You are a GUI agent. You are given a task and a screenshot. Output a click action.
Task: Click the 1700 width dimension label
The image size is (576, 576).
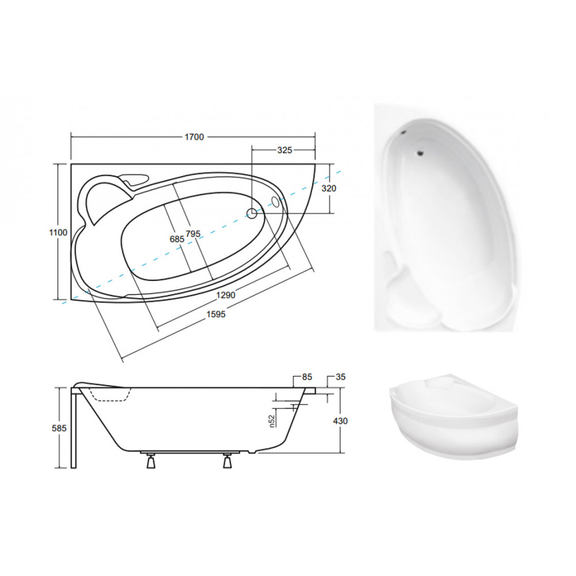194,137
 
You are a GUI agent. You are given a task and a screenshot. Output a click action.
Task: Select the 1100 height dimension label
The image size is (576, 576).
58,233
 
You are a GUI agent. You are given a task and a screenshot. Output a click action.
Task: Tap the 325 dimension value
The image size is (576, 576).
285,150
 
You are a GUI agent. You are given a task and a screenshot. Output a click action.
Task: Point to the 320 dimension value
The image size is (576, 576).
329,188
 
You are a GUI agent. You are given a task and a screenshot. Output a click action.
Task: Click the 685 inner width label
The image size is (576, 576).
177,239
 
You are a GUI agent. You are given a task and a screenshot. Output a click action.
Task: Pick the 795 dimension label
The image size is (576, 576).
193,234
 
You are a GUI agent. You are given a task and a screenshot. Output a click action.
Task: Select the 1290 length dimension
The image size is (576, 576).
226,294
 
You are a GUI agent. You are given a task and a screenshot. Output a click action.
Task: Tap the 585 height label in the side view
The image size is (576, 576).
59,428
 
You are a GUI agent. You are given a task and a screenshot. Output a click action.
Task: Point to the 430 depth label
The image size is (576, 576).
340,420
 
